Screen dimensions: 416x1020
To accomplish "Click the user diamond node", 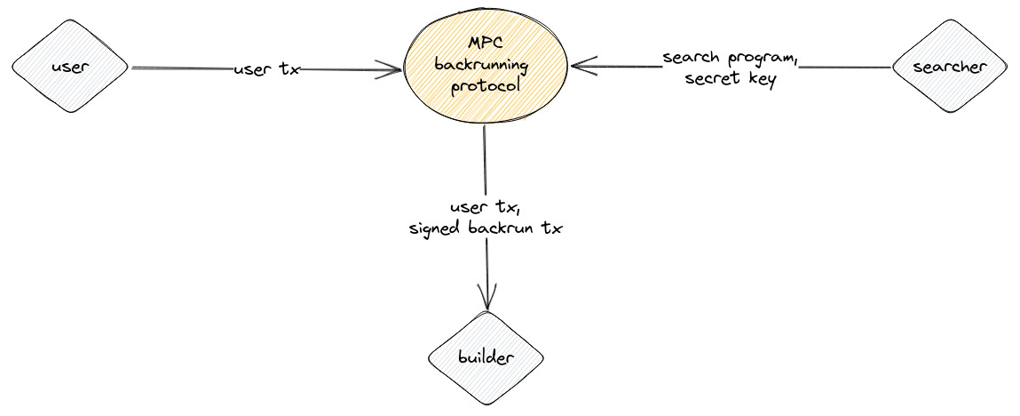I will click(71, 68).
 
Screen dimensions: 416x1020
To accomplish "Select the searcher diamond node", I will click(950, 68).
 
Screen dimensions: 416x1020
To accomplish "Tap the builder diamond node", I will click(486, 358).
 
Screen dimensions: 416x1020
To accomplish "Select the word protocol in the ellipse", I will click(486, 88).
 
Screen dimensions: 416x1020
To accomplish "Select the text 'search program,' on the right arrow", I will click(731, 59).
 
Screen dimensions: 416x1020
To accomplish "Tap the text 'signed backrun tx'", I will click(486, 228).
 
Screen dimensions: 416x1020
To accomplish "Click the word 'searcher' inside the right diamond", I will click(950, 68).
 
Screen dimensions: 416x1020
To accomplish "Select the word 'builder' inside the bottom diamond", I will click(486, 358).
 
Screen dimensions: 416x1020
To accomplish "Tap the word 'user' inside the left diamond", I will click(71, 68).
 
